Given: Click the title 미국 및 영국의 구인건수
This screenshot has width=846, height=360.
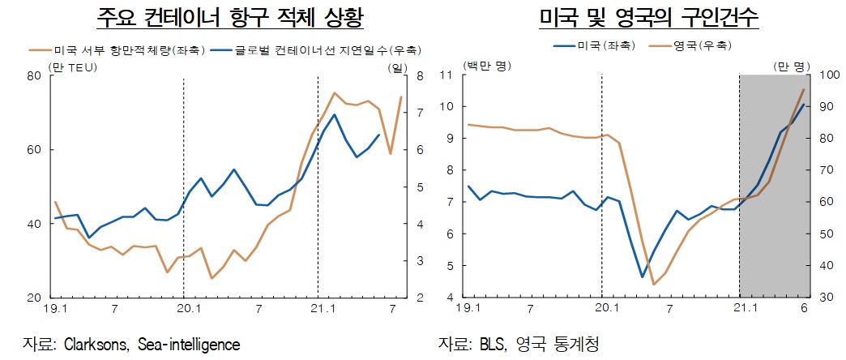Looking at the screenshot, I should pos(634,18).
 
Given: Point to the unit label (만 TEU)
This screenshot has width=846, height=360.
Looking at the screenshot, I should pos(73,66).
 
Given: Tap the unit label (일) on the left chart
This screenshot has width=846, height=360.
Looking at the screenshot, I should pos(398,66).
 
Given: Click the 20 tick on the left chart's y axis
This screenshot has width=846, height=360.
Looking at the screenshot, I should pos(34,298).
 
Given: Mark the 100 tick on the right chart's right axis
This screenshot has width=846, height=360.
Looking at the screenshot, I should pos(830,75).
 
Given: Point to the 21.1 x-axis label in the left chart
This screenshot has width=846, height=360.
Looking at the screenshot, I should pos(318,310).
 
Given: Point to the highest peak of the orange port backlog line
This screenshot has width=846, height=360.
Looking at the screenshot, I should pos(335,93).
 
